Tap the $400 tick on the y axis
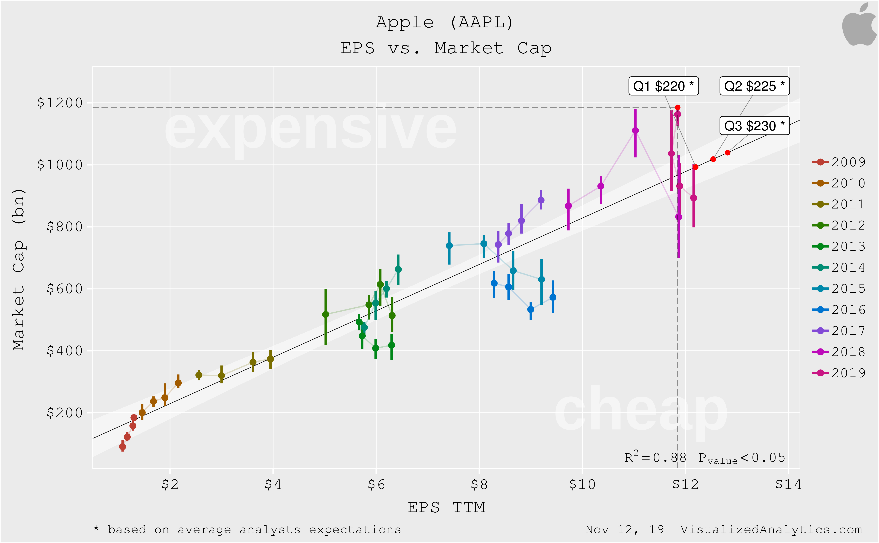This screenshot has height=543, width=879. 65,351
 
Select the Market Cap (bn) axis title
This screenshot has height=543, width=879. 19,269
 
